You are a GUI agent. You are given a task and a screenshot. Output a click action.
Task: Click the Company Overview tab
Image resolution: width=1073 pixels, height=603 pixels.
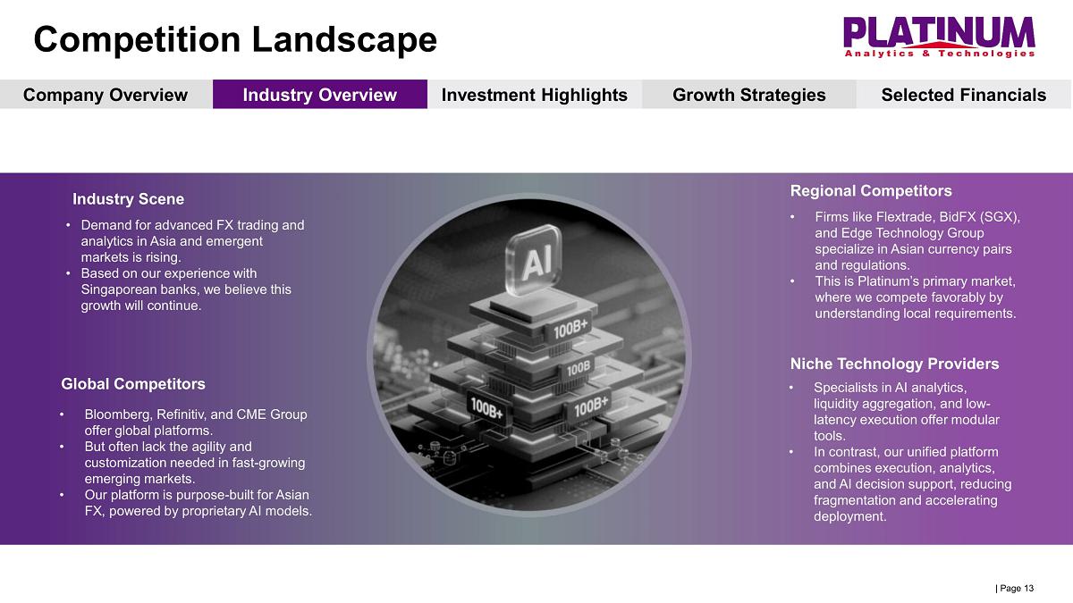tap(106, 95)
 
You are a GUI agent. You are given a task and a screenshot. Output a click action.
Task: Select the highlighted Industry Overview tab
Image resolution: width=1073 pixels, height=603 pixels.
tap(320, 95)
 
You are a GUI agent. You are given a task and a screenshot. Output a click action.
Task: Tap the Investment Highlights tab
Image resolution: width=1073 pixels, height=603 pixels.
tap(535, 95)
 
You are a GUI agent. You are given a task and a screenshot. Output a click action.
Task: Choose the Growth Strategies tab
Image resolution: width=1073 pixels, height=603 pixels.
tap(749, 95)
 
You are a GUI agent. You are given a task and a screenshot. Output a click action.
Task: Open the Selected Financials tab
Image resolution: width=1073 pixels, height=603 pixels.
tap(964, 95)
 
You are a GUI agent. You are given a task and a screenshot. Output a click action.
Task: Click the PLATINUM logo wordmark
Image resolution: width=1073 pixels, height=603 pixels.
tap(939, 32)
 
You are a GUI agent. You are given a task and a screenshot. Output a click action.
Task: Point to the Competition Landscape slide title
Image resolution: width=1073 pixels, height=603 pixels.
tap(235, 39)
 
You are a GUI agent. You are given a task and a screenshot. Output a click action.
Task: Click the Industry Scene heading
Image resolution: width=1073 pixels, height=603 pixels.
tap(129, 199)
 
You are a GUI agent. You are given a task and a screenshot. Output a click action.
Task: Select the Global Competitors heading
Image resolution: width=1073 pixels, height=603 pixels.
tap(133, 384)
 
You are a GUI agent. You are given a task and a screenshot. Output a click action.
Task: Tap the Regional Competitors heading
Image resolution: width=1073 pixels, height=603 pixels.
tap(871, 191)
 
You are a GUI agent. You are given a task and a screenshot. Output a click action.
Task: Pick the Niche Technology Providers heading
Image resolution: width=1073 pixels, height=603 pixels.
tap(895, 364)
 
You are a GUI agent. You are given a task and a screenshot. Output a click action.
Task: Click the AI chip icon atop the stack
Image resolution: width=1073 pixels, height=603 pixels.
tap(535, 260)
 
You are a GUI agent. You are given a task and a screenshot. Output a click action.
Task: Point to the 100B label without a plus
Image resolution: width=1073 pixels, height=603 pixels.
tap(579, 368)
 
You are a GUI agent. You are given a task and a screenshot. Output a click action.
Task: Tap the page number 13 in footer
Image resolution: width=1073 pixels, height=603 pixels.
tap(1028, 588)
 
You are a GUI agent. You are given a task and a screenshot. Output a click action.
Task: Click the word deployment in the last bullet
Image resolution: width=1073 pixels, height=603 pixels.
tap(849, 517)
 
